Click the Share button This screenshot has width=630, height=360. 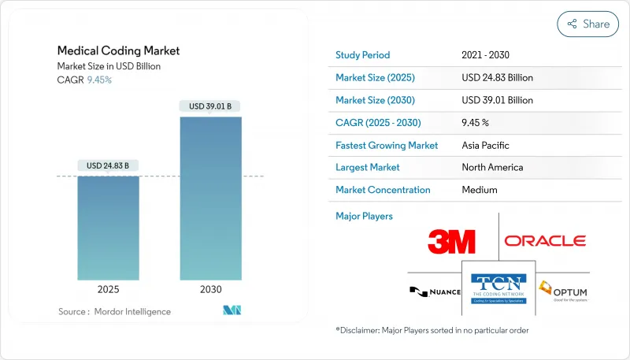click(x=588, y=24)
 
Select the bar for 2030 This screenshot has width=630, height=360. click(x=210, y=198)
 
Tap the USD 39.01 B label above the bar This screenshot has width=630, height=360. click(x=210, y=106)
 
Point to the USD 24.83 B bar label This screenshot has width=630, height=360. click(x=109, y=165)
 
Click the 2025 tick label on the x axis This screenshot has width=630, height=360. click(x=109, y=289)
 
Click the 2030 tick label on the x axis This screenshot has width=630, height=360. click(x=210, y=289)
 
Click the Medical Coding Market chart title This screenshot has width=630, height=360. click(x=118, y=50)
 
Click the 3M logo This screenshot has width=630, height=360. click(x=451, y=241)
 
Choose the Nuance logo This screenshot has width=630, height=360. click(x=434, y=291)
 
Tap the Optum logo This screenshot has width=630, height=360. click(x=562, y=291)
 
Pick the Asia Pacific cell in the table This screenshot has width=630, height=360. click(x=485, y=145)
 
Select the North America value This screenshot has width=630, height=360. click(x=492, y=167)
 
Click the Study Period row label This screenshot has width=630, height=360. click(x=362, y=55)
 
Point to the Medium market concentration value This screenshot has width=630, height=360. click(x=480, y=190)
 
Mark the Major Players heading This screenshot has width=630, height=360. click(x=364, y=216)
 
